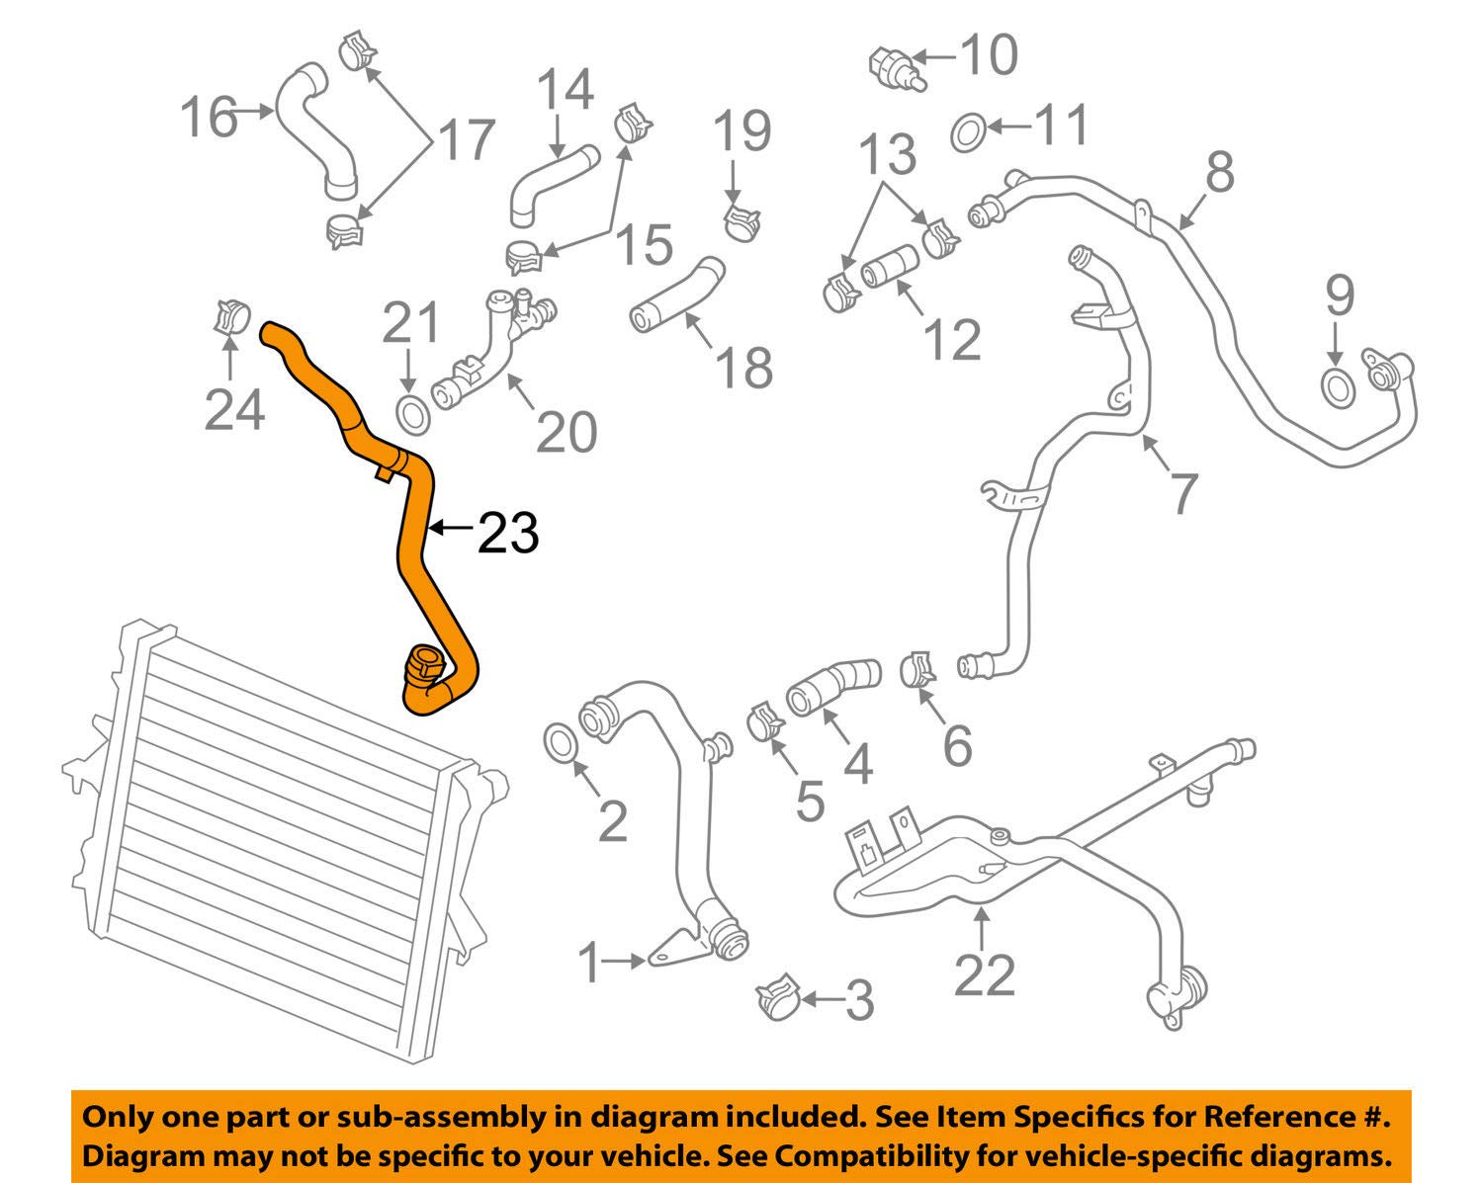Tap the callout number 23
pos(508,534)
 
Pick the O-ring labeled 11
pos(968,131)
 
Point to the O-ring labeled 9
pos(1337,386)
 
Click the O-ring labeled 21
pos(412,413)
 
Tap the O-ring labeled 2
pos(561,742)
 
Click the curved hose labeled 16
pos(314,128)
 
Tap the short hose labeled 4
pos(832,685)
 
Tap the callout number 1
pos(589,962)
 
